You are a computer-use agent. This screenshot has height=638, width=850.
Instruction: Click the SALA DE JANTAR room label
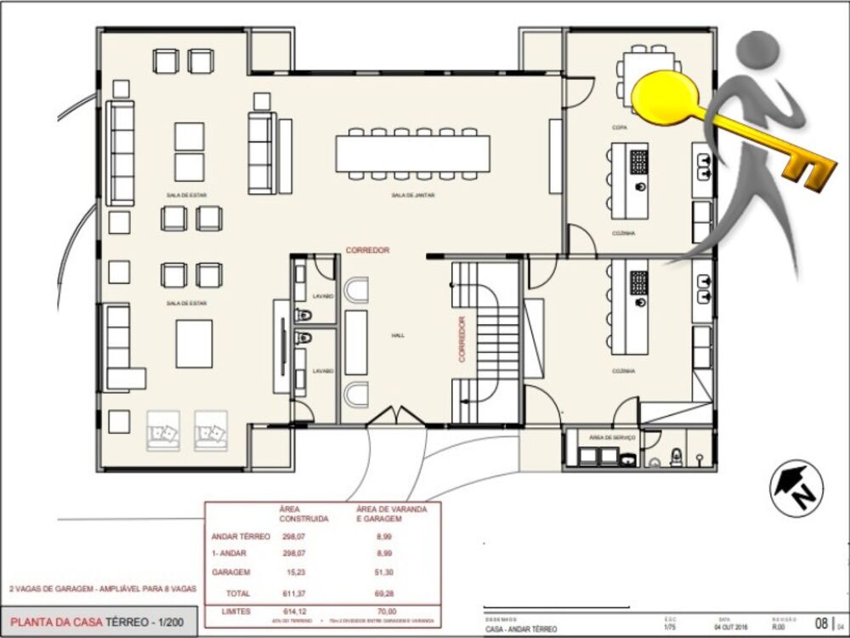click(413, 196)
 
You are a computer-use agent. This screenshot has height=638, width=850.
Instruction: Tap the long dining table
click(413, 153)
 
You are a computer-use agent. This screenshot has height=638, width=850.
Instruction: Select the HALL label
click(398, 336)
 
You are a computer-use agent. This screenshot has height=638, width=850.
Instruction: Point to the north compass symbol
click(796, 487)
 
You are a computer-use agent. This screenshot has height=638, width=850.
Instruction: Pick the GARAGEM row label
click(231, 572)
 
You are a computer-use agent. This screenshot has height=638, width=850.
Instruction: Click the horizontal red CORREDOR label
click(367, 250)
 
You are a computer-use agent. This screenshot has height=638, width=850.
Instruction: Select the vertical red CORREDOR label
click(462, 339)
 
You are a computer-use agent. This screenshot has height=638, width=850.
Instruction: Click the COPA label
click(619, 128)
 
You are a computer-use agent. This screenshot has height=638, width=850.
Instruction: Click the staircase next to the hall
click(485, 340)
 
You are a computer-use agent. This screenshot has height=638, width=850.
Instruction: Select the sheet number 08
click(822, 622)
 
